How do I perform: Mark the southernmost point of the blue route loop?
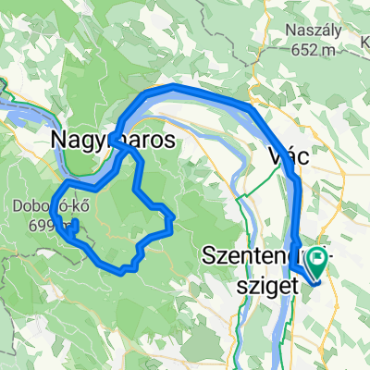click(x=121, y=270)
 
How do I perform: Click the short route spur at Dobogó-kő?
click(x=73, y=225)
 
